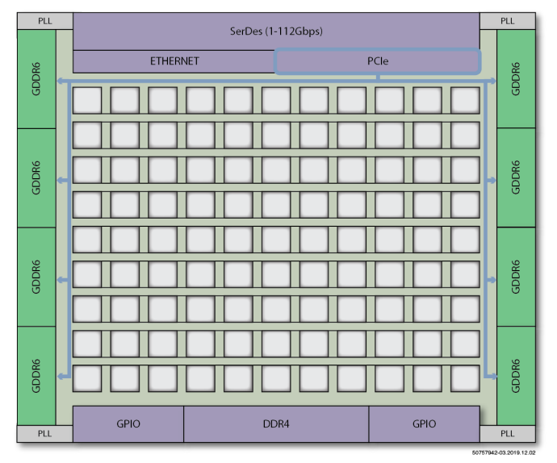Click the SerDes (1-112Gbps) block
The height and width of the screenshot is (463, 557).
click(276, 31)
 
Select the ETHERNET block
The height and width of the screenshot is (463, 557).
click(174, 61)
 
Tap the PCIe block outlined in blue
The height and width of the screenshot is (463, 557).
click(378, 61)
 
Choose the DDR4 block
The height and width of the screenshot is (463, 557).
click(276, 424)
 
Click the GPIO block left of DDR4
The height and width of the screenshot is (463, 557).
click(128, 424)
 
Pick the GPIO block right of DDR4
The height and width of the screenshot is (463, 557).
click(424, 424)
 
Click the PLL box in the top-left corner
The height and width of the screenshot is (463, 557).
click(45, 21)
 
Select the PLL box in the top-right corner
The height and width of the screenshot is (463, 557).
click(508, 21)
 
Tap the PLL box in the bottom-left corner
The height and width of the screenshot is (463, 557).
click(45, 433)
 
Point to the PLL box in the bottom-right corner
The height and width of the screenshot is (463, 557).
click(508, 433)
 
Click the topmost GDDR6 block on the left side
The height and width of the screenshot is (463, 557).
click(36, 79)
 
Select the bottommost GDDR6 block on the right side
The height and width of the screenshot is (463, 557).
click(516, 376)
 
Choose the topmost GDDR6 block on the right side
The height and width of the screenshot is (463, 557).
click(516, 79)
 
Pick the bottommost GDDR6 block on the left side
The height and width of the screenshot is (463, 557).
click(36, 376)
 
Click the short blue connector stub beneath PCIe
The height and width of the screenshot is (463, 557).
click(378, 77)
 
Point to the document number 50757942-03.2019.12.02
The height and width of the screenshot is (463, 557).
click(504, 453)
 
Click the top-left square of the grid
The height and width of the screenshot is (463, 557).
click(87, 101)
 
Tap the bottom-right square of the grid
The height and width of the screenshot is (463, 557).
click(465, 378)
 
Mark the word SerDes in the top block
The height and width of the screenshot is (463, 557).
click(246, 31)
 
